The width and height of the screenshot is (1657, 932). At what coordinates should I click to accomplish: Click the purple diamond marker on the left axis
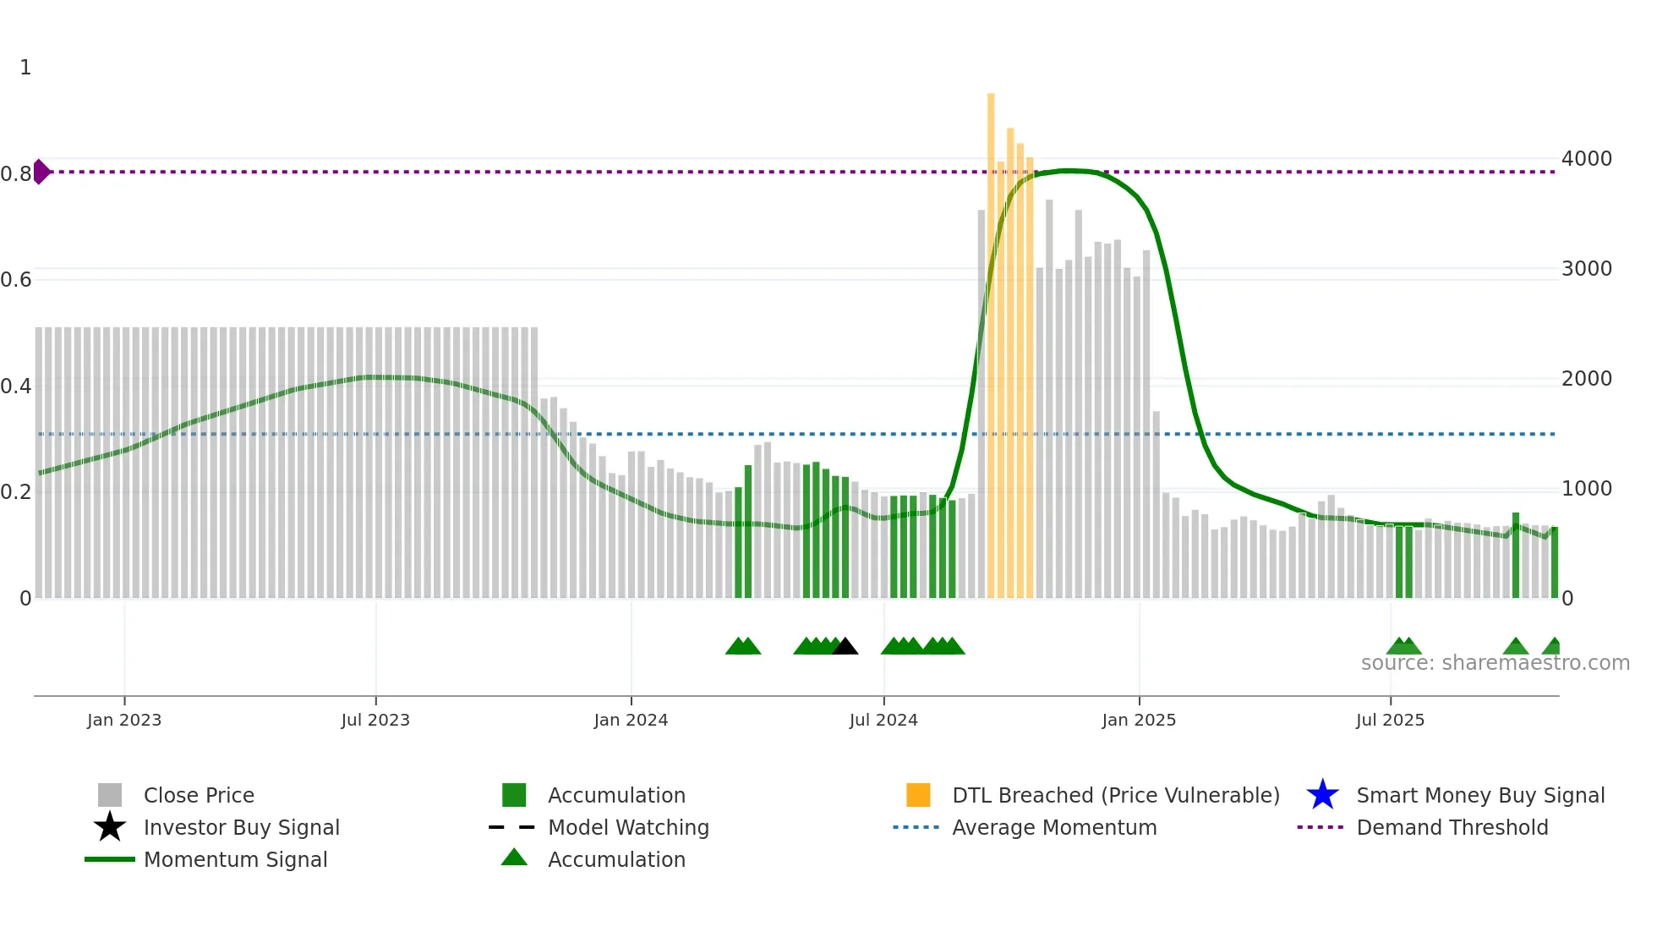41,172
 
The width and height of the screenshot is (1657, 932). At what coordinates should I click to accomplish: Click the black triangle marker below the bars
845,647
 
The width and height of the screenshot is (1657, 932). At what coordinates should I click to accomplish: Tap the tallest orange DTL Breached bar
991,338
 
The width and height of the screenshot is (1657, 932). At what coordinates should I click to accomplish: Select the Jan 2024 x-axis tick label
631,720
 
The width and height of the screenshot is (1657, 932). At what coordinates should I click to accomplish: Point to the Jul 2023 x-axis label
375,720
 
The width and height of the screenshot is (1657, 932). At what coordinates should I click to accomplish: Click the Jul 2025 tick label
1390,720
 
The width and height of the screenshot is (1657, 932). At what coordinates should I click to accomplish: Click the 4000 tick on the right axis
1586,159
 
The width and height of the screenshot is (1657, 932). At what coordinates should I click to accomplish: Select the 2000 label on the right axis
1586,379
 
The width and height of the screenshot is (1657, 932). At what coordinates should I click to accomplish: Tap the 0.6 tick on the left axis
16,280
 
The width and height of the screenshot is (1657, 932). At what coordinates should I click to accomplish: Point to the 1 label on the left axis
25,68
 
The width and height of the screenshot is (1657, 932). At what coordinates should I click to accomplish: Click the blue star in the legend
1322,795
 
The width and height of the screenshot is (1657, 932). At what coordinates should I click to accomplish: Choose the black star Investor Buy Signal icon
110,827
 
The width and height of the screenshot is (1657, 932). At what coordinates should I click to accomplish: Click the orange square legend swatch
918,795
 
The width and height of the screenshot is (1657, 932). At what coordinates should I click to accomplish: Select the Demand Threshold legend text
1452,827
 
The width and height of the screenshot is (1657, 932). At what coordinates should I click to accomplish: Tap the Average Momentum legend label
1054,827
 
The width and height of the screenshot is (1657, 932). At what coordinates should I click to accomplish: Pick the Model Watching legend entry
628,827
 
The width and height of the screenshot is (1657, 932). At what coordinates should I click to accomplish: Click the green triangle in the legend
514,858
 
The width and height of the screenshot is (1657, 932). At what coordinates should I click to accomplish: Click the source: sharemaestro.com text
1495,663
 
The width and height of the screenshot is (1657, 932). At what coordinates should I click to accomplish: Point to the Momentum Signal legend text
235,859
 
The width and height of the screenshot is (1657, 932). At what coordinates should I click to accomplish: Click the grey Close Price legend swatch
110,795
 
